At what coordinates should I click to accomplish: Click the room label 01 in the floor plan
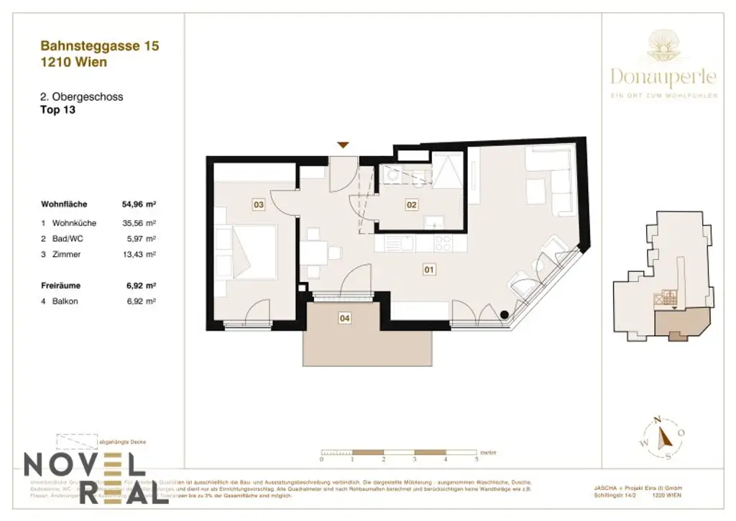(x=429, y=271)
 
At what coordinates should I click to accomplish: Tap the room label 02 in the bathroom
(x=412, y=205)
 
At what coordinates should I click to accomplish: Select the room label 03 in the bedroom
(x=259, y=205)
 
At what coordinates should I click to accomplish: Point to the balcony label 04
(x=345, y=317)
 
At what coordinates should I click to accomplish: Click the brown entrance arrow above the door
(x=344, y=145)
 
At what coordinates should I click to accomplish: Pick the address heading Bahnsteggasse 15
(x=100, y=46)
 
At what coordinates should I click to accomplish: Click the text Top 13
(x=58, y=110)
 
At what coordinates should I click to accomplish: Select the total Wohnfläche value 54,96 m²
(x=139, y=204)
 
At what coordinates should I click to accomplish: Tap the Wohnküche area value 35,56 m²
(x=139, y=223)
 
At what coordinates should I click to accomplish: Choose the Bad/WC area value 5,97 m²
(x=142, y=239)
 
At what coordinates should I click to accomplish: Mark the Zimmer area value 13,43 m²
(x=139, y=255)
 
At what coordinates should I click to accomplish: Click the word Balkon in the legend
(x=65, y=302)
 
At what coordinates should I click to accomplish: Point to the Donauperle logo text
(x=663, y=76)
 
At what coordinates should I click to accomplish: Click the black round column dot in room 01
(x=505, y=314)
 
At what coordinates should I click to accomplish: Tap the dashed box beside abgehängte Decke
(x=76, y=441)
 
